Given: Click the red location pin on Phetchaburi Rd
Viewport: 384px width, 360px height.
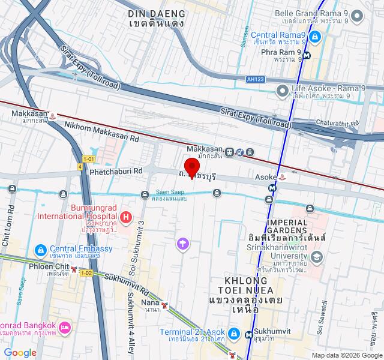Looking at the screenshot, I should [x=191, y=167].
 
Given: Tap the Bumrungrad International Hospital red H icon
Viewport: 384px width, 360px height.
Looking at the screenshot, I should [x=126, y=217].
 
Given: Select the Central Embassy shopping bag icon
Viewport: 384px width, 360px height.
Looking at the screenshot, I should [x=40, y=249].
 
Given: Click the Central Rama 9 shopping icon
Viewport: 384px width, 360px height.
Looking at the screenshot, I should [x=316, y=37].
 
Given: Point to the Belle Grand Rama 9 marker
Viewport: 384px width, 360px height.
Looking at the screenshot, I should [x=358, y=15].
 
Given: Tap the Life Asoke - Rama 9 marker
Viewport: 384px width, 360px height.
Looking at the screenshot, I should [x=282, y=90].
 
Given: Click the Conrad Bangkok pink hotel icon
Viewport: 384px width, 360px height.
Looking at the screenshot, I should [x=65, y=327].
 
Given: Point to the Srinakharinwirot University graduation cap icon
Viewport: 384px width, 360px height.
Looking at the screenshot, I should [x=318, y=257].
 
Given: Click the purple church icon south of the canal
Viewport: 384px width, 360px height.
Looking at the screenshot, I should [x=183, y=244].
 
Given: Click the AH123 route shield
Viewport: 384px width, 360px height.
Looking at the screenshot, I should [x=256, y=79].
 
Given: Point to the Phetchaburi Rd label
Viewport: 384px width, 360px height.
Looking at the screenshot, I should [x=116, y=170].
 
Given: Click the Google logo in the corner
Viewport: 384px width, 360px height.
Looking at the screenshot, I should [x=20, y=353].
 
